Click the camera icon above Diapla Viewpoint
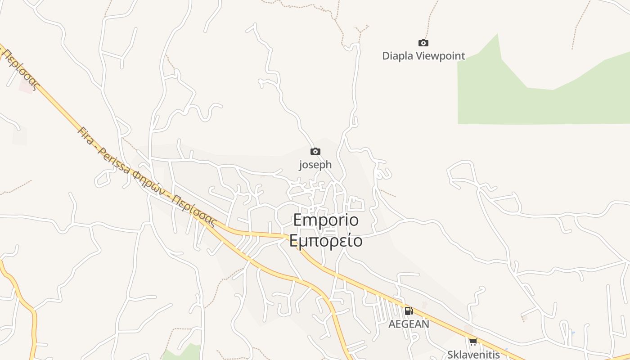[423, 43]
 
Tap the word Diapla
[397, 56]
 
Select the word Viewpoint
[440, 56]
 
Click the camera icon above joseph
[315, 151]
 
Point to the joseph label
[315, 165]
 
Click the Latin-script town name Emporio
[326, 220]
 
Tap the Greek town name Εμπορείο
[326, 241]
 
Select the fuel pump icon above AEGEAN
[409, 310]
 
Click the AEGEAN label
[409, 324]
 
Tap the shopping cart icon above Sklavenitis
[473, 342]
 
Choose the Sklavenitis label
[473, 354]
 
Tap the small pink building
[26, 86]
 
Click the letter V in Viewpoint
[419, 56]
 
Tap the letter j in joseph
[301, 165]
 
